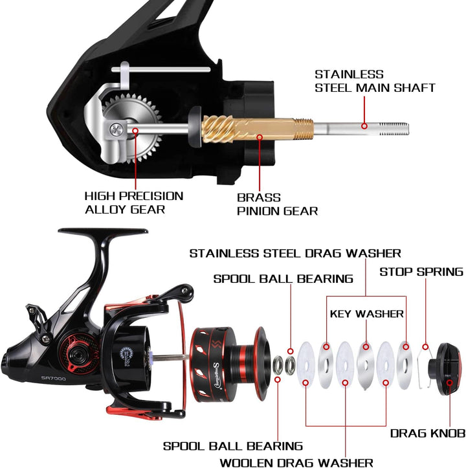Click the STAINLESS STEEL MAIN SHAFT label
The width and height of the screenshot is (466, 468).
tap(375, 81)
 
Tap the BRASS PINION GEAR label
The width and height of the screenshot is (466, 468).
tap(277, 205)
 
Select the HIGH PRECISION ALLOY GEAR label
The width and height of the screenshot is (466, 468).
tap(134, 203)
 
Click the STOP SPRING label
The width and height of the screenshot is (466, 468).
tap(421, 272)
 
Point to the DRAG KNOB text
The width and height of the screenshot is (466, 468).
tap(428, 434)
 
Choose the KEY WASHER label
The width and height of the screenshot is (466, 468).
tap(366, 314)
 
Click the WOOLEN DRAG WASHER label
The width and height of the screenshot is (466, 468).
tap(296, 463)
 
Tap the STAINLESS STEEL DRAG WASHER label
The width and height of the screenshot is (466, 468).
tap(295, 253)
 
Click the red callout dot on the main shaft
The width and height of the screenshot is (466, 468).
tap(364, 126)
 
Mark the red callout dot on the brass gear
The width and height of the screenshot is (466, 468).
tap(260, 137)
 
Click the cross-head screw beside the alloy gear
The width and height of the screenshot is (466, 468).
tap(116, 130)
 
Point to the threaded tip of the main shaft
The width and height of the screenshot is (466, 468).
tap(394, 129)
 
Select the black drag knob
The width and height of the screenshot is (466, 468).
tap(445, 369)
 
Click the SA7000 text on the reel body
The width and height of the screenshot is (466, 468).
tap(54, 378)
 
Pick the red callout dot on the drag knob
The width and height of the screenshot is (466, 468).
tap(450, 383)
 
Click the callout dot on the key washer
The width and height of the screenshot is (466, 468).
tap(366, 347)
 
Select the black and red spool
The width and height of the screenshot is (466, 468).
tap(230, 364)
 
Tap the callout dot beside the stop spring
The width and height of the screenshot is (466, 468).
tap(425, 347)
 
